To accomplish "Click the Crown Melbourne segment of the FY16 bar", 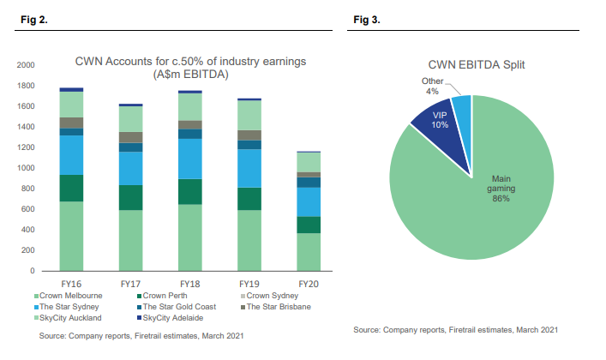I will (x=71, y=236).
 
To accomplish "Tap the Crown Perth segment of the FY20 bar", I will (x=308, y=225).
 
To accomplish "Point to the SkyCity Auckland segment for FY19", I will (x=249, y=115).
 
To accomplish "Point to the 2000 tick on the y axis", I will (x=26, y=65).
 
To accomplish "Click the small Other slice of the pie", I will (x=461, y=106).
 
